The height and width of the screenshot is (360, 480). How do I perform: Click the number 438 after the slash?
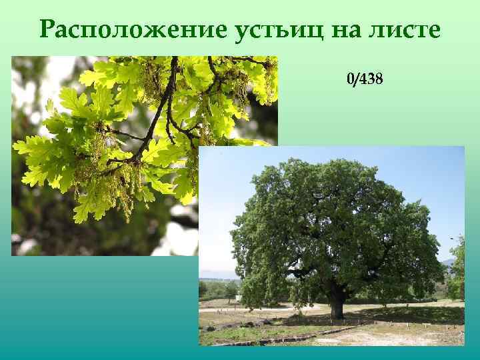tap(371, 80)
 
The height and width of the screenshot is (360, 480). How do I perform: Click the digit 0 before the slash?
tap(350, 80)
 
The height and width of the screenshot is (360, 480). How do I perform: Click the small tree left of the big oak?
tap(231, 290)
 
